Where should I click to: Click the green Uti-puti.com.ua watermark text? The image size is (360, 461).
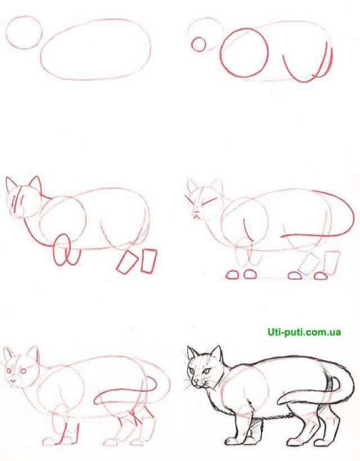coord(304,333)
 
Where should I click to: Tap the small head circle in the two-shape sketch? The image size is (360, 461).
coord(24,32)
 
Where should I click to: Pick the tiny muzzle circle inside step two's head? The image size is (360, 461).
coord(199,45)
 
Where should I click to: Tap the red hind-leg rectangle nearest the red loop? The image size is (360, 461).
coord(126,263)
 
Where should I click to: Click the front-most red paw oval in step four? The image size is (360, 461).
coord(233,275)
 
